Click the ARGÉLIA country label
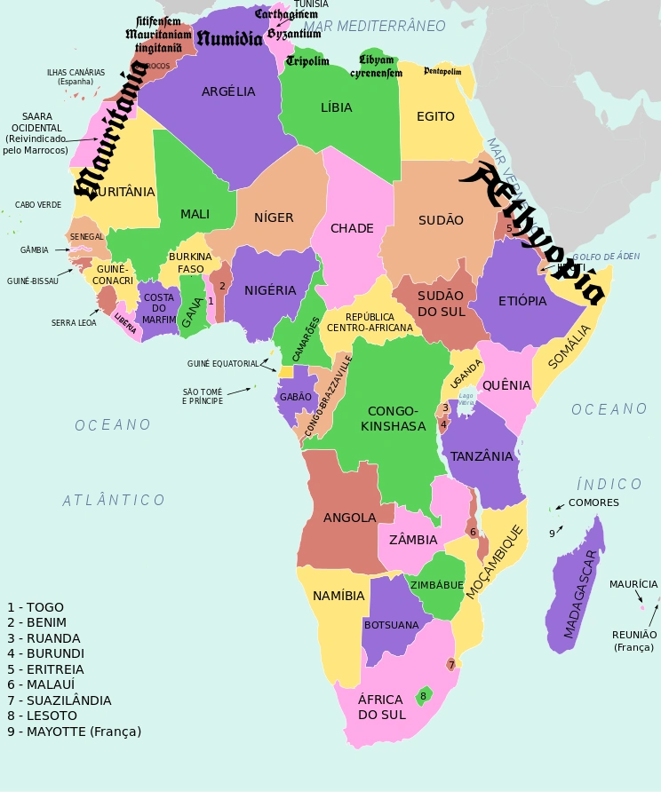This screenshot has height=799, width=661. (x=228, y=91)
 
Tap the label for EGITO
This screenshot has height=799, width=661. (x=435, y=116)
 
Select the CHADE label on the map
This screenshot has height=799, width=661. (x=352, y=228)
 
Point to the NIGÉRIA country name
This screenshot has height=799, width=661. (x=270, y=290)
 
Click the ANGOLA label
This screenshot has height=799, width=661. (x=349, y=518)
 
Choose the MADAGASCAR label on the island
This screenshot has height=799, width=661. (x=581, y=586)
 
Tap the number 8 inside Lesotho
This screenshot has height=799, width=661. (x=423, y=695)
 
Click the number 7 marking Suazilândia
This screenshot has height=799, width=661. (x=450, y=664)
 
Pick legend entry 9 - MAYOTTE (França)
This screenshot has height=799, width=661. (x=74, y=732)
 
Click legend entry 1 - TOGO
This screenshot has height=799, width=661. (x=36, y=607)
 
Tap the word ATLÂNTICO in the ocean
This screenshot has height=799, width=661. (x=114, y=501)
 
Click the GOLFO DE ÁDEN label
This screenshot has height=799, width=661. (x=606, y=257)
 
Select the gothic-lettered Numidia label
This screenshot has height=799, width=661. (x=229, y=38)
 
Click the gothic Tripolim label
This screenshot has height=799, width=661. (x=307, y=61)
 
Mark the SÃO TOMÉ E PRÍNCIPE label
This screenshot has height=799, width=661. (x=203, y=396)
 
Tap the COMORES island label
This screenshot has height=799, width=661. (x=593, y=502)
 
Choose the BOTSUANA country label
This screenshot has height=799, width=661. (x=391, y=625)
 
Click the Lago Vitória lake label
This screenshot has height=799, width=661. (x=466, y=399)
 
